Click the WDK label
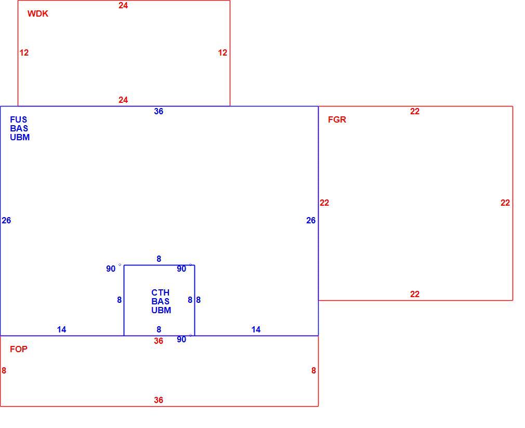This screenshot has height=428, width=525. coord(38,14)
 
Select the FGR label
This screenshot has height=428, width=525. coord(337,120)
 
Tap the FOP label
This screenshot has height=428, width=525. coord(19,350)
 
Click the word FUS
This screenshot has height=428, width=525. coord(18,120)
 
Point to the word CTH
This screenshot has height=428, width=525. coord(161,292)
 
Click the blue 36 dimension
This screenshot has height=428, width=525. coord(159,112)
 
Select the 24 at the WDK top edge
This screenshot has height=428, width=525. coord(123,5)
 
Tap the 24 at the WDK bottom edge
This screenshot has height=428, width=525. coord(123,100)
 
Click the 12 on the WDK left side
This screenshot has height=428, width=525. coord(24,53)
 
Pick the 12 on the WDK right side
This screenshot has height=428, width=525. coord(222,53)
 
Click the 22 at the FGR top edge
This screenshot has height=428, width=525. coord(415,112)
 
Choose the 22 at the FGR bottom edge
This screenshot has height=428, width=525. coord(415,294)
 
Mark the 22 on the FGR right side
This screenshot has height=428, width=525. coord(505,203)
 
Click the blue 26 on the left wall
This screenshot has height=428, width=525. coord(6,221)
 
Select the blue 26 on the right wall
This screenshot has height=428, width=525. coord(311,221)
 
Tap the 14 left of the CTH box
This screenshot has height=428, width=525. coord(62,330)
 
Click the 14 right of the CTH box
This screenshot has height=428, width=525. coord(256,330)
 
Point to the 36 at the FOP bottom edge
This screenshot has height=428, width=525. coord(159,400)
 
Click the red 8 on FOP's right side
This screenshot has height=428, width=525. coord(314,371)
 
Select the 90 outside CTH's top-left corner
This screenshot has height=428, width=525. coord(111,269)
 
